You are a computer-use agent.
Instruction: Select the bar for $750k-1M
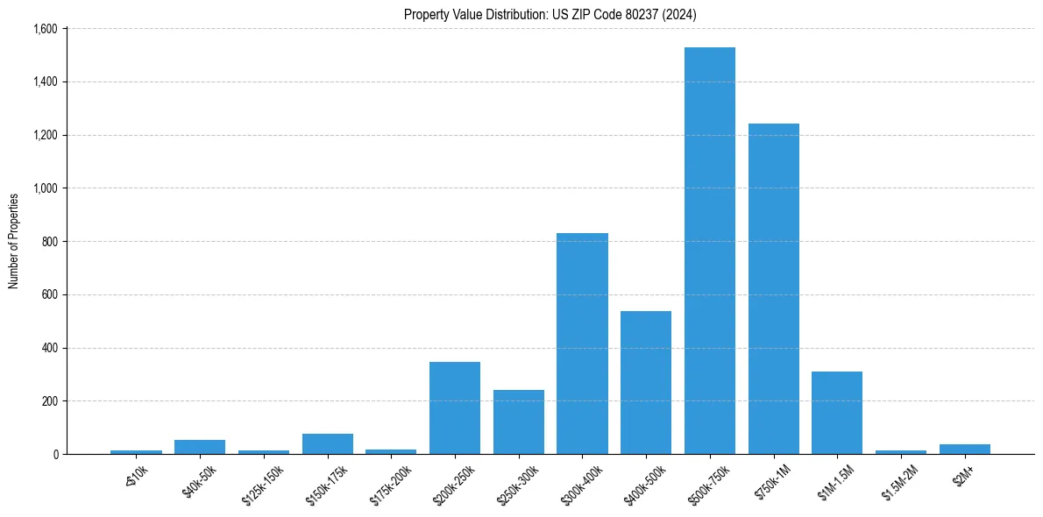[x=774, y=289]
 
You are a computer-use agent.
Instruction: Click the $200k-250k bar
[x=455, y=407]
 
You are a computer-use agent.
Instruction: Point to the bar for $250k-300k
[x=519, y=421]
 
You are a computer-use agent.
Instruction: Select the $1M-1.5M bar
[x=837, y=413]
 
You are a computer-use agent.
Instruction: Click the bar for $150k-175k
[x=328, y=443]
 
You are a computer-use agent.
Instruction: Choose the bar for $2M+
[x=965, y=449]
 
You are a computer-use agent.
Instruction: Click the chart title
[x=550, y=14]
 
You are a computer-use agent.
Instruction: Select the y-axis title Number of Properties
[x=14, y=241]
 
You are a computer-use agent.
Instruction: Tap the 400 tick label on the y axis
[x=49, y=348]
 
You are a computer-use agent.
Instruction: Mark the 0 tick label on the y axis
[x=54, y=455]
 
